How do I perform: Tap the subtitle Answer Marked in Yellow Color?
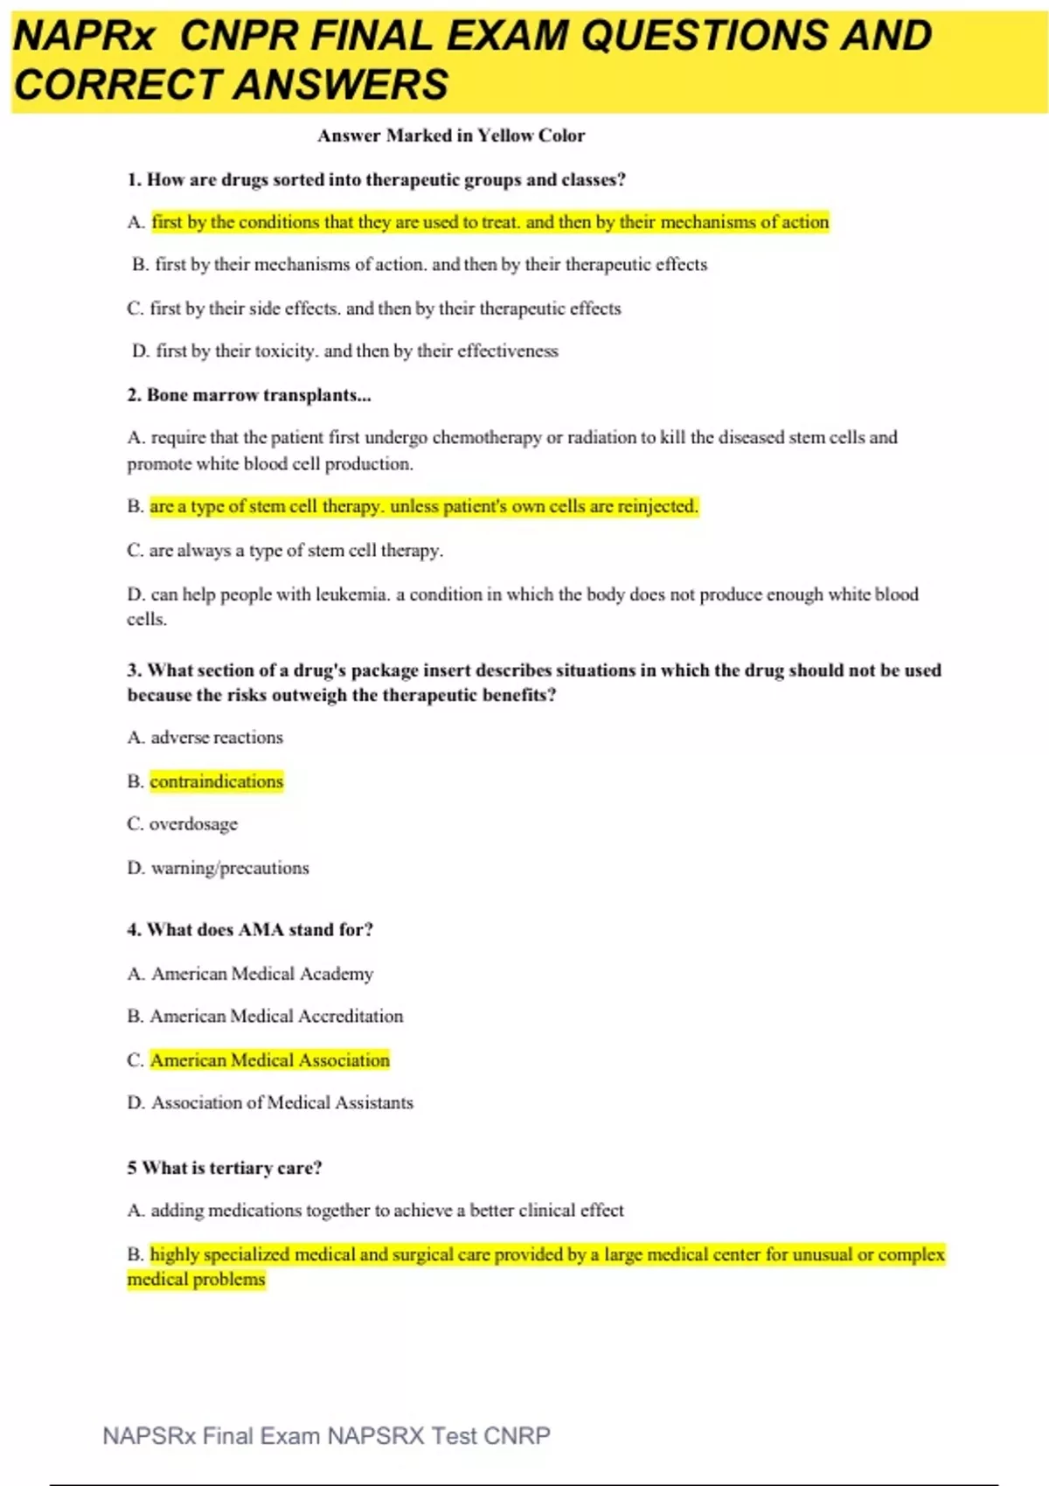coord(451,135)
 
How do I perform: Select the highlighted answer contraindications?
coord(217,781)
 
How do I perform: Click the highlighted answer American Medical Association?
coord(270,1060)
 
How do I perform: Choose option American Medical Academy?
coord(262,974)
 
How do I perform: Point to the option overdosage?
coord(193,824)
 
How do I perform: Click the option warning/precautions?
coord(230,868)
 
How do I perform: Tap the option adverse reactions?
coord(217,738)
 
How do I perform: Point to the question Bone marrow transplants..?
coord(249,395)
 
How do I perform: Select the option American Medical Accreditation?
coord(276,1017)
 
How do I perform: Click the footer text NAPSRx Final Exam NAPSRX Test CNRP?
coord(326,1436)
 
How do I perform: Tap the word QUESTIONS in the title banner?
coord(705,37)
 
